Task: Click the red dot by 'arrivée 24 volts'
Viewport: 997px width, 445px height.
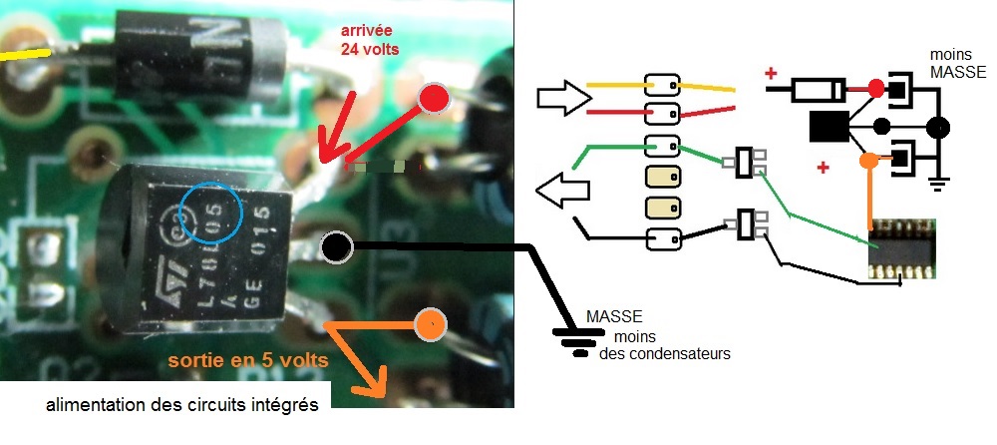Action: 434,98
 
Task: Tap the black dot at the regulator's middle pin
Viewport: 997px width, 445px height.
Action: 335,245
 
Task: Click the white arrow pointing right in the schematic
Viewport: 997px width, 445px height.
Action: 561,98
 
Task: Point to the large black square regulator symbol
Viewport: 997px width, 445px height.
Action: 829,127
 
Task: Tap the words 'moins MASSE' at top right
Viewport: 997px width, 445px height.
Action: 956,64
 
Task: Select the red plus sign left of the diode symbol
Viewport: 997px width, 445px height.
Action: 771,73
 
